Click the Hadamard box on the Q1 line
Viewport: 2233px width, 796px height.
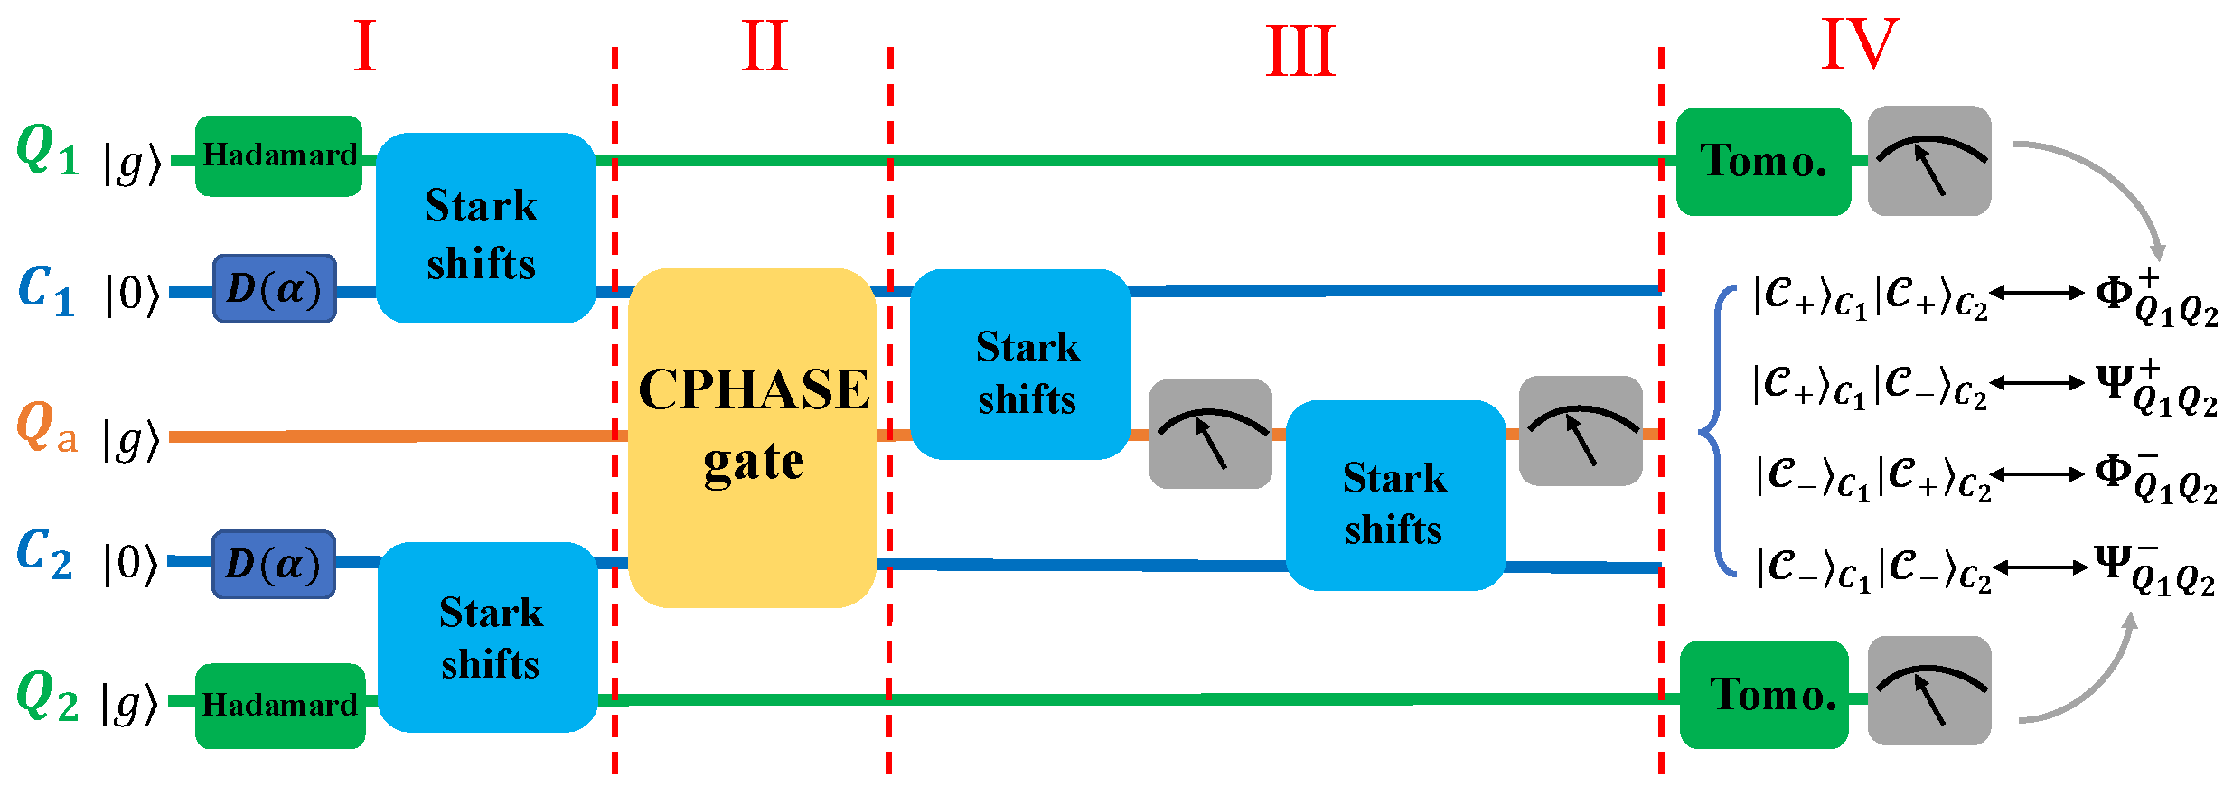278,155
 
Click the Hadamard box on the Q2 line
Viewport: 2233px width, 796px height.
280,705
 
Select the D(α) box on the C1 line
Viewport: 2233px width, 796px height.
275,289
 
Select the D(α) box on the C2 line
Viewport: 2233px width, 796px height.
274,565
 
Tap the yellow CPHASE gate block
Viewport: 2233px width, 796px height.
752,437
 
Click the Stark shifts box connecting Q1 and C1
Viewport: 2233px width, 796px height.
485,228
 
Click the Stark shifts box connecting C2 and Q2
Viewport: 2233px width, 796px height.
488,637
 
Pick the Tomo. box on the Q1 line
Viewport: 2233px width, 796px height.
1763,162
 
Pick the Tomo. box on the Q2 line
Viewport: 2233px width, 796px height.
1764,694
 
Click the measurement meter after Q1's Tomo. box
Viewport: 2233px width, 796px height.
1929,161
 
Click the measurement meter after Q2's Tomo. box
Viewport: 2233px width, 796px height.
1929,691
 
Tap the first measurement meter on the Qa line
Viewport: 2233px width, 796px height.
1210,435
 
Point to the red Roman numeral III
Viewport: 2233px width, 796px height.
1299,52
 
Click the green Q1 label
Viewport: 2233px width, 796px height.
47,150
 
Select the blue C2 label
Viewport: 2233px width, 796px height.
44,553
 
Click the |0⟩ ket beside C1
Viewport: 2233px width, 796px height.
131,294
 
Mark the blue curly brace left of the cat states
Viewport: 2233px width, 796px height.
1717,432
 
